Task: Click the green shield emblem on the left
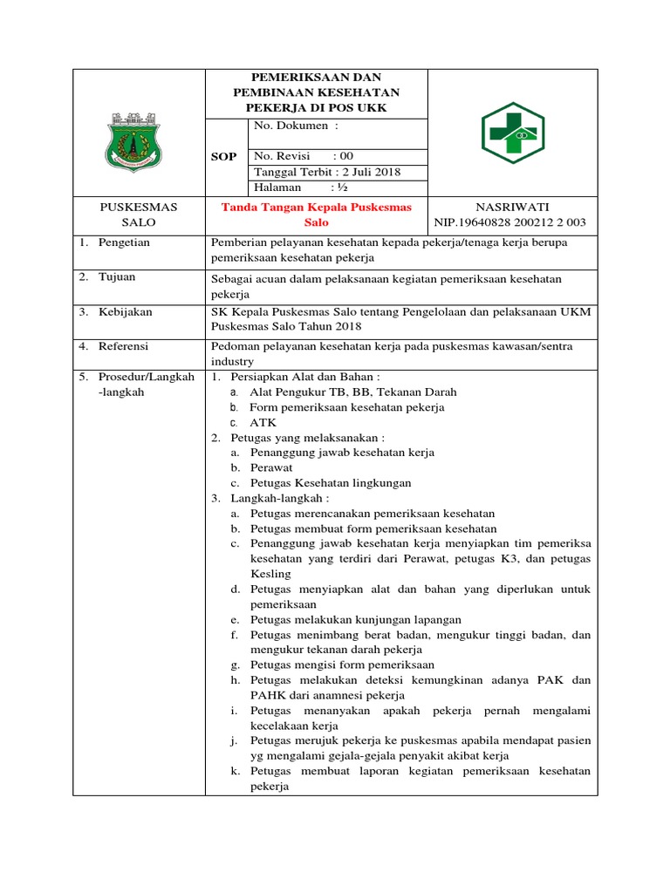tap(139, 140)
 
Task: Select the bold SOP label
tap(225, 157)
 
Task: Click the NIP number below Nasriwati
tap(510, 223)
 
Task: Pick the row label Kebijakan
tap(126, 311)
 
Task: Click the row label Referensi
tap(124, 346)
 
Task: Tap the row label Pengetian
tap(125, 242)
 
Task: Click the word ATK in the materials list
tap(263, 423)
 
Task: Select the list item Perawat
tap(271, 468)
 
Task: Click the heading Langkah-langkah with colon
tap(280, 498)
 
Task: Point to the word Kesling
tap(270, 574)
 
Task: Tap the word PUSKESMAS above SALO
tap(139, 208)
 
